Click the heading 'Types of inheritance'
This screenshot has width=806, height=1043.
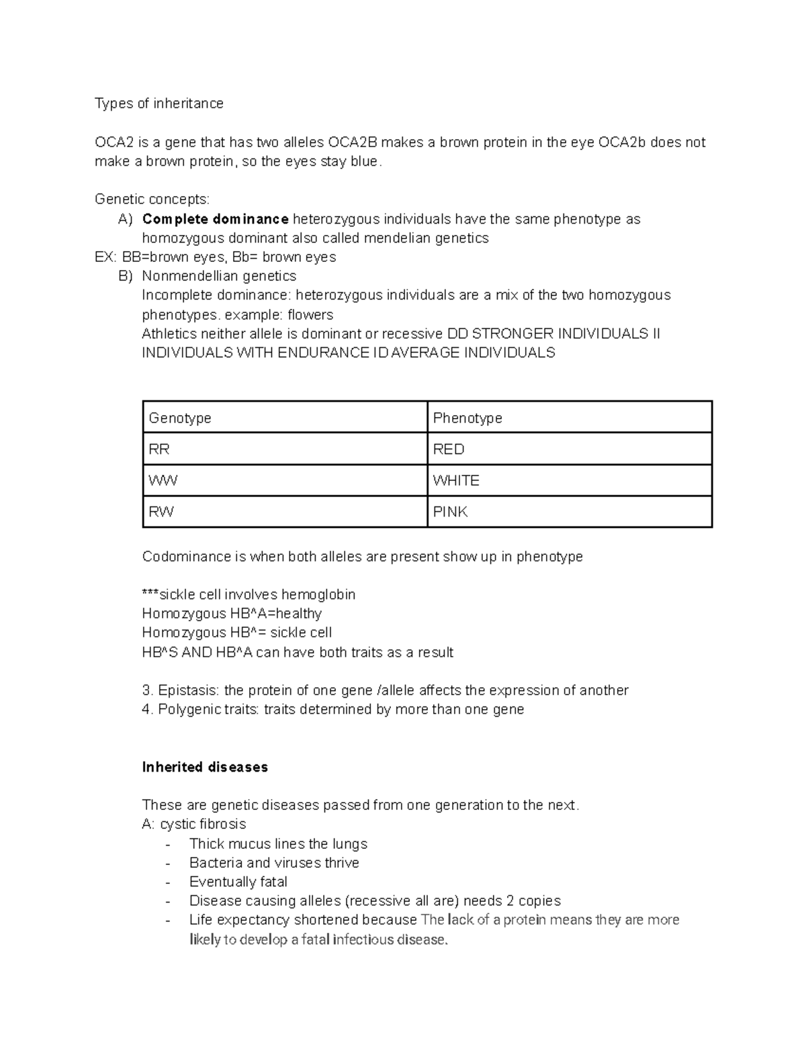click(x=159, y=103)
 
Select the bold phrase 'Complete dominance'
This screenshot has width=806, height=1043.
click(x=216, y=219)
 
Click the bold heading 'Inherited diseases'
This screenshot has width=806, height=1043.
click(x=205, y=767)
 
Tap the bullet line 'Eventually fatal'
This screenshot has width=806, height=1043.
click(x=238, y=882)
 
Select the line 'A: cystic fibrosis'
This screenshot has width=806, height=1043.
click(x=194, y=824)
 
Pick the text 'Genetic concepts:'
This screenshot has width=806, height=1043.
click(x=152, y=199)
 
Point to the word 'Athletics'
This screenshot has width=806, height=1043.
click(x=169, y=334)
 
